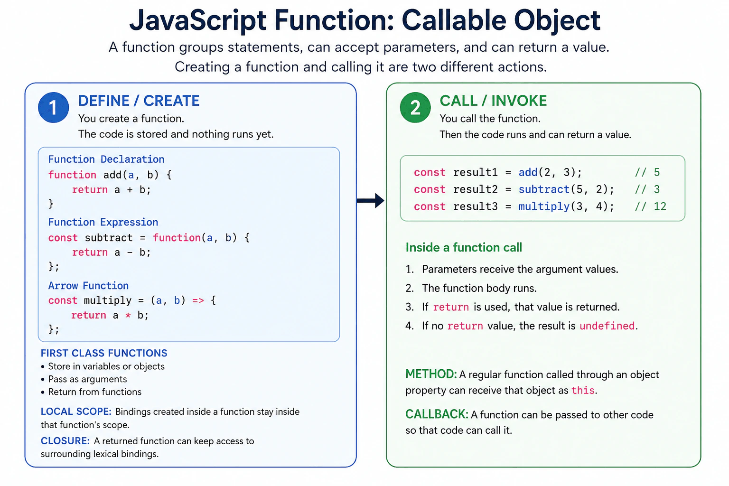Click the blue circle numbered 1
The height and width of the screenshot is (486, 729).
point(53,107)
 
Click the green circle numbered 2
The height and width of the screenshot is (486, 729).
point(415,107)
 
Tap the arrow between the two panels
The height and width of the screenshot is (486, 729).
point(370,200)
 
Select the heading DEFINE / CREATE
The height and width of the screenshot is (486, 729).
point(139,101)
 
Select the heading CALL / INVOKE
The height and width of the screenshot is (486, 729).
point(493,101)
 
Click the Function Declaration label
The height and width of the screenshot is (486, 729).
point(106,159)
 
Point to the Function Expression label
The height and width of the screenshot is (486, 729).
point(103,222)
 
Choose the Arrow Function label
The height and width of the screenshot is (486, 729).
point(88,286)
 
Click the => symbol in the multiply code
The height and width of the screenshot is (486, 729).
point(198,300)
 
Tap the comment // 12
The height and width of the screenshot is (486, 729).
point(651,206)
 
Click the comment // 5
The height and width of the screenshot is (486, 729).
point(647,172)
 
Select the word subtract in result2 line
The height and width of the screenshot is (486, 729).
point(544,189)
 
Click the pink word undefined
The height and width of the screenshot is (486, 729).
point(607,326)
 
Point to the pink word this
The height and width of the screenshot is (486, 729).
point(583,390)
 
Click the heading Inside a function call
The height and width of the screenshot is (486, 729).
point(464,247)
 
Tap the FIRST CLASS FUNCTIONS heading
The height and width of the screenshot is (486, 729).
point(104,353)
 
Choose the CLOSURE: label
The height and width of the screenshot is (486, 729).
point(65,441)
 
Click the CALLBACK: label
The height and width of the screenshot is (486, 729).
point(437,414)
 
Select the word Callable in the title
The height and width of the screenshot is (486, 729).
point(454,20)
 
